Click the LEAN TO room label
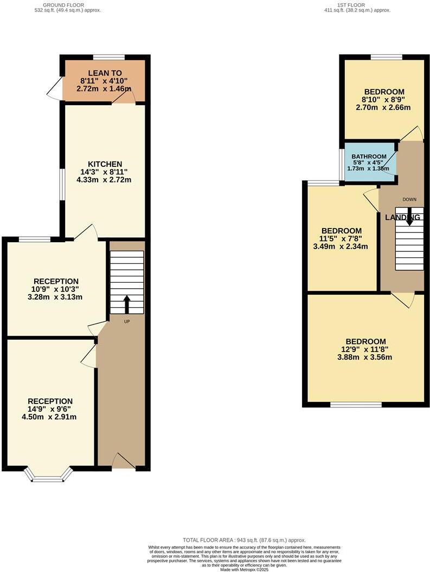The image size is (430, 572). pos(105,73)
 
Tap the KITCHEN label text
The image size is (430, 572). pos(105,164)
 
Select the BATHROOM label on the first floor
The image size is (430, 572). pos(369,157)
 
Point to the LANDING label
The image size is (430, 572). pos(402,217)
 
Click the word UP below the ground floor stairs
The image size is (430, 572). pos(127,321)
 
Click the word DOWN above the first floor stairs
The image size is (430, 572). pos(409,199)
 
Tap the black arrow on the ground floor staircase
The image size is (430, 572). pos(127,304)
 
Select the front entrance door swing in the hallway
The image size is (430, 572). pos(123,461)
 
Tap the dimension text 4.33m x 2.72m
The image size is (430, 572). pos(105,180)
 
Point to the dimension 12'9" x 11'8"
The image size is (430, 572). pos(366,349)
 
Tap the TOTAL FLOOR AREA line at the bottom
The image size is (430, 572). pos(244,540)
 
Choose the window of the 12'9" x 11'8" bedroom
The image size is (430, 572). pos(356,404)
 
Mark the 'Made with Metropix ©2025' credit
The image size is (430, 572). pos(244,569)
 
